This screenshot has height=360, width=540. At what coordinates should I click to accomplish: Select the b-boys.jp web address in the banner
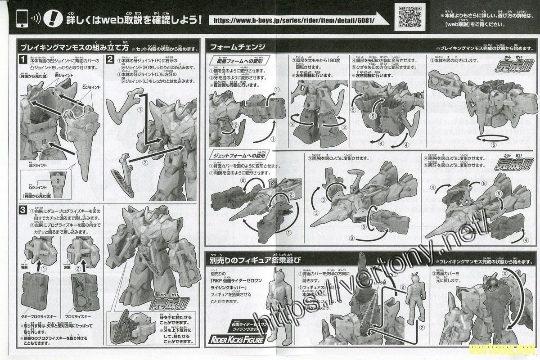pos(292,20)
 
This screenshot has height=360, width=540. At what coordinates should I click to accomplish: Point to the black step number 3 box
pos(22,210)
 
